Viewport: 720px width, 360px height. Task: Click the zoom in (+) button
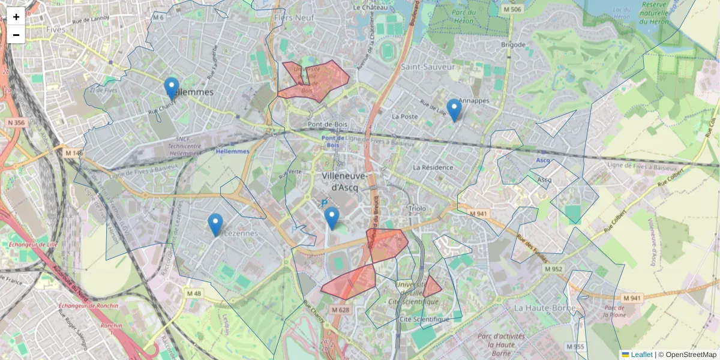click(16, 17)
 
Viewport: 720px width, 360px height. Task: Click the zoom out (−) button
click(16, 35)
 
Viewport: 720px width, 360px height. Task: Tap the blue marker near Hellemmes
click(172, 89)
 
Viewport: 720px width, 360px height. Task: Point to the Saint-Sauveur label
click(428, 67)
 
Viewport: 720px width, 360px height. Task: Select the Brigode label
click(513, 45)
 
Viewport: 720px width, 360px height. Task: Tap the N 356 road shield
click(16, 123)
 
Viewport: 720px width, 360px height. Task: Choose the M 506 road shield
click(512, 10)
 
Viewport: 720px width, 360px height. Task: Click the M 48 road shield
click(194, 293)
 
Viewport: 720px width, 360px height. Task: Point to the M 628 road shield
click(340, 310)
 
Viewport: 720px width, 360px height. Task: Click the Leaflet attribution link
click(641, 355)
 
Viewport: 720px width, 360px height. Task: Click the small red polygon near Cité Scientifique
click(431, 287)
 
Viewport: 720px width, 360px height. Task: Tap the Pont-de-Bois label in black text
click(328, 125)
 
